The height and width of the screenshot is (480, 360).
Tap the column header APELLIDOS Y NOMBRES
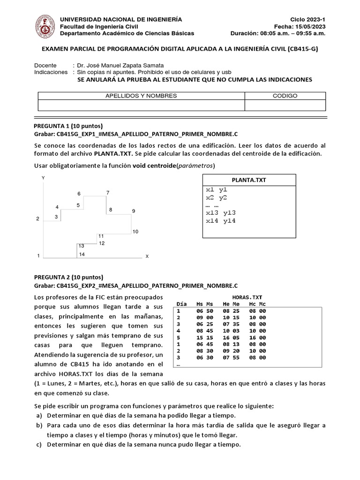click(x=141, y=96)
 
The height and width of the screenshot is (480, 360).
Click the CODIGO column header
click(x=285, y=96)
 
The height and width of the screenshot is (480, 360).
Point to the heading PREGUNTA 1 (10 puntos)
click(x=68, y=126)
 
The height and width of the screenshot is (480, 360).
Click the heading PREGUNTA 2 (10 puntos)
click(x=68, y=277)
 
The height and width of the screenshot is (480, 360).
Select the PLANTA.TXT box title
click(x=249, y=180)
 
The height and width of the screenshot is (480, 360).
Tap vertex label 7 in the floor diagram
click(x=108, y=193)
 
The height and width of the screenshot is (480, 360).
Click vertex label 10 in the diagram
click(x=135, y=232)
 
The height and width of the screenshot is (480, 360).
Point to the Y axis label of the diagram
click(x=43, y=178)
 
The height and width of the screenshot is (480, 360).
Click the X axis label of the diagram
click(x=147, y=256)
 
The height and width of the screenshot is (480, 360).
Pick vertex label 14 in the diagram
click(x=82, y=255)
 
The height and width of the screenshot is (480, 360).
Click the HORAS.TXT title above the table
click(x=247, y=297)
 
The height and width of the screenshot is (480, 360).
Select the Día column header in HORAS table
click(x=181, y=304)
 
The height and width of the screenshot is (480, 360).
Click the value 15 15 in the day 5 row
click(x=204, y=337)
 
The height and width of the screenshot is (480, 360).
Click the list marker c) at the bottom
click(x=39, y=444)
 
